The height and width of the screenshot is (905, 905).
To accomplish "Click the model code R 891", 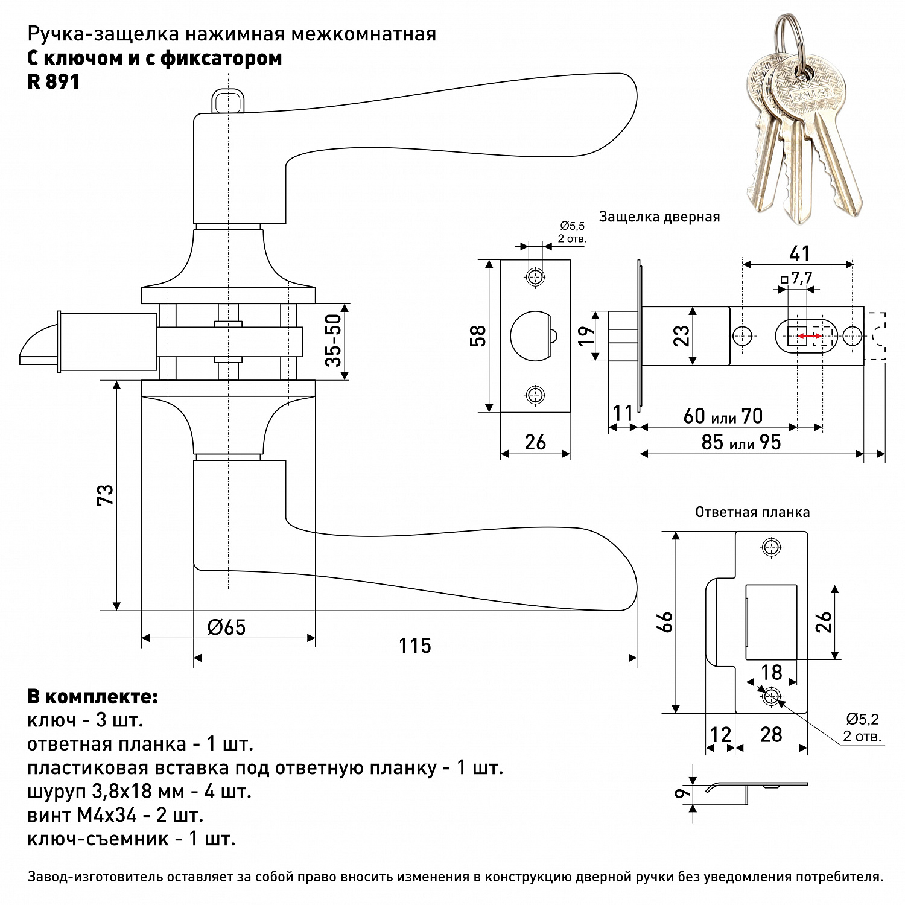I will point(53,81).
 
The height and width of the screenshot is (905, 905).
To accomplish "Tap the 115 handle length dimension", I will point(415,646).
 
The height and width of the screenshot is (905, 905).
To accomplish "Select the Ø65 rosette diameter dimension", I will point(227,627).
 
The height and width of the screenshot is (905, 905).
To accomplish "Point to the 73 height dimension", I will point(105,495).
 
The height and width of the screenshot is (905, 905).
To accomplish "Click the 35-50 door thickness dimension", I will point(334,340).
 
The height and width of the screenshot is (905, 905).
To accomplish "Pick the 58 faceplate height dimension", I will point(477,337).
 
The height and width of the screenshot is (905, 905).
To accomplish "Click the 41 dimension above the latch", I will point(799,253).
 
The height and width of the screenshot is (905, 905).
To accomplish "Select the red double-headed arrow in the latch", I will point(809,336).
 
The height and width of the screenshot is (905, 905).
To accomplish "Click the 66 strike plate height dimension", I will point(664,622).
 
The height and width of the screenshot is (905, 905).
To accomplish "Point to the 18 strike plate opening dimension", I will point(772,672).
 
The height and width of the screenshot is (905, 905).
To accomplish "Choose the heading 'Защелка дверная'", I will point(659,217).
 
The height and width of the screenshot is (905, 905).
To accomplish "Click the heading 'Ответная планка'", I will point(752,512).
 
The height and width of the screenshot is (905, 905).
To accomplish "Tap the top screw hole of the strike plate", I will point(770,548).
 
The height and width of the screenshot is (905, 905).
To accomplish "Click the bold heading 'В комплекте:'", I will point(93,697).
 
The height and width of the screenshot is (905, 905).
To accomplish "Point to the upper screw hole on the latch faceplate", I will point(535,278).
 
